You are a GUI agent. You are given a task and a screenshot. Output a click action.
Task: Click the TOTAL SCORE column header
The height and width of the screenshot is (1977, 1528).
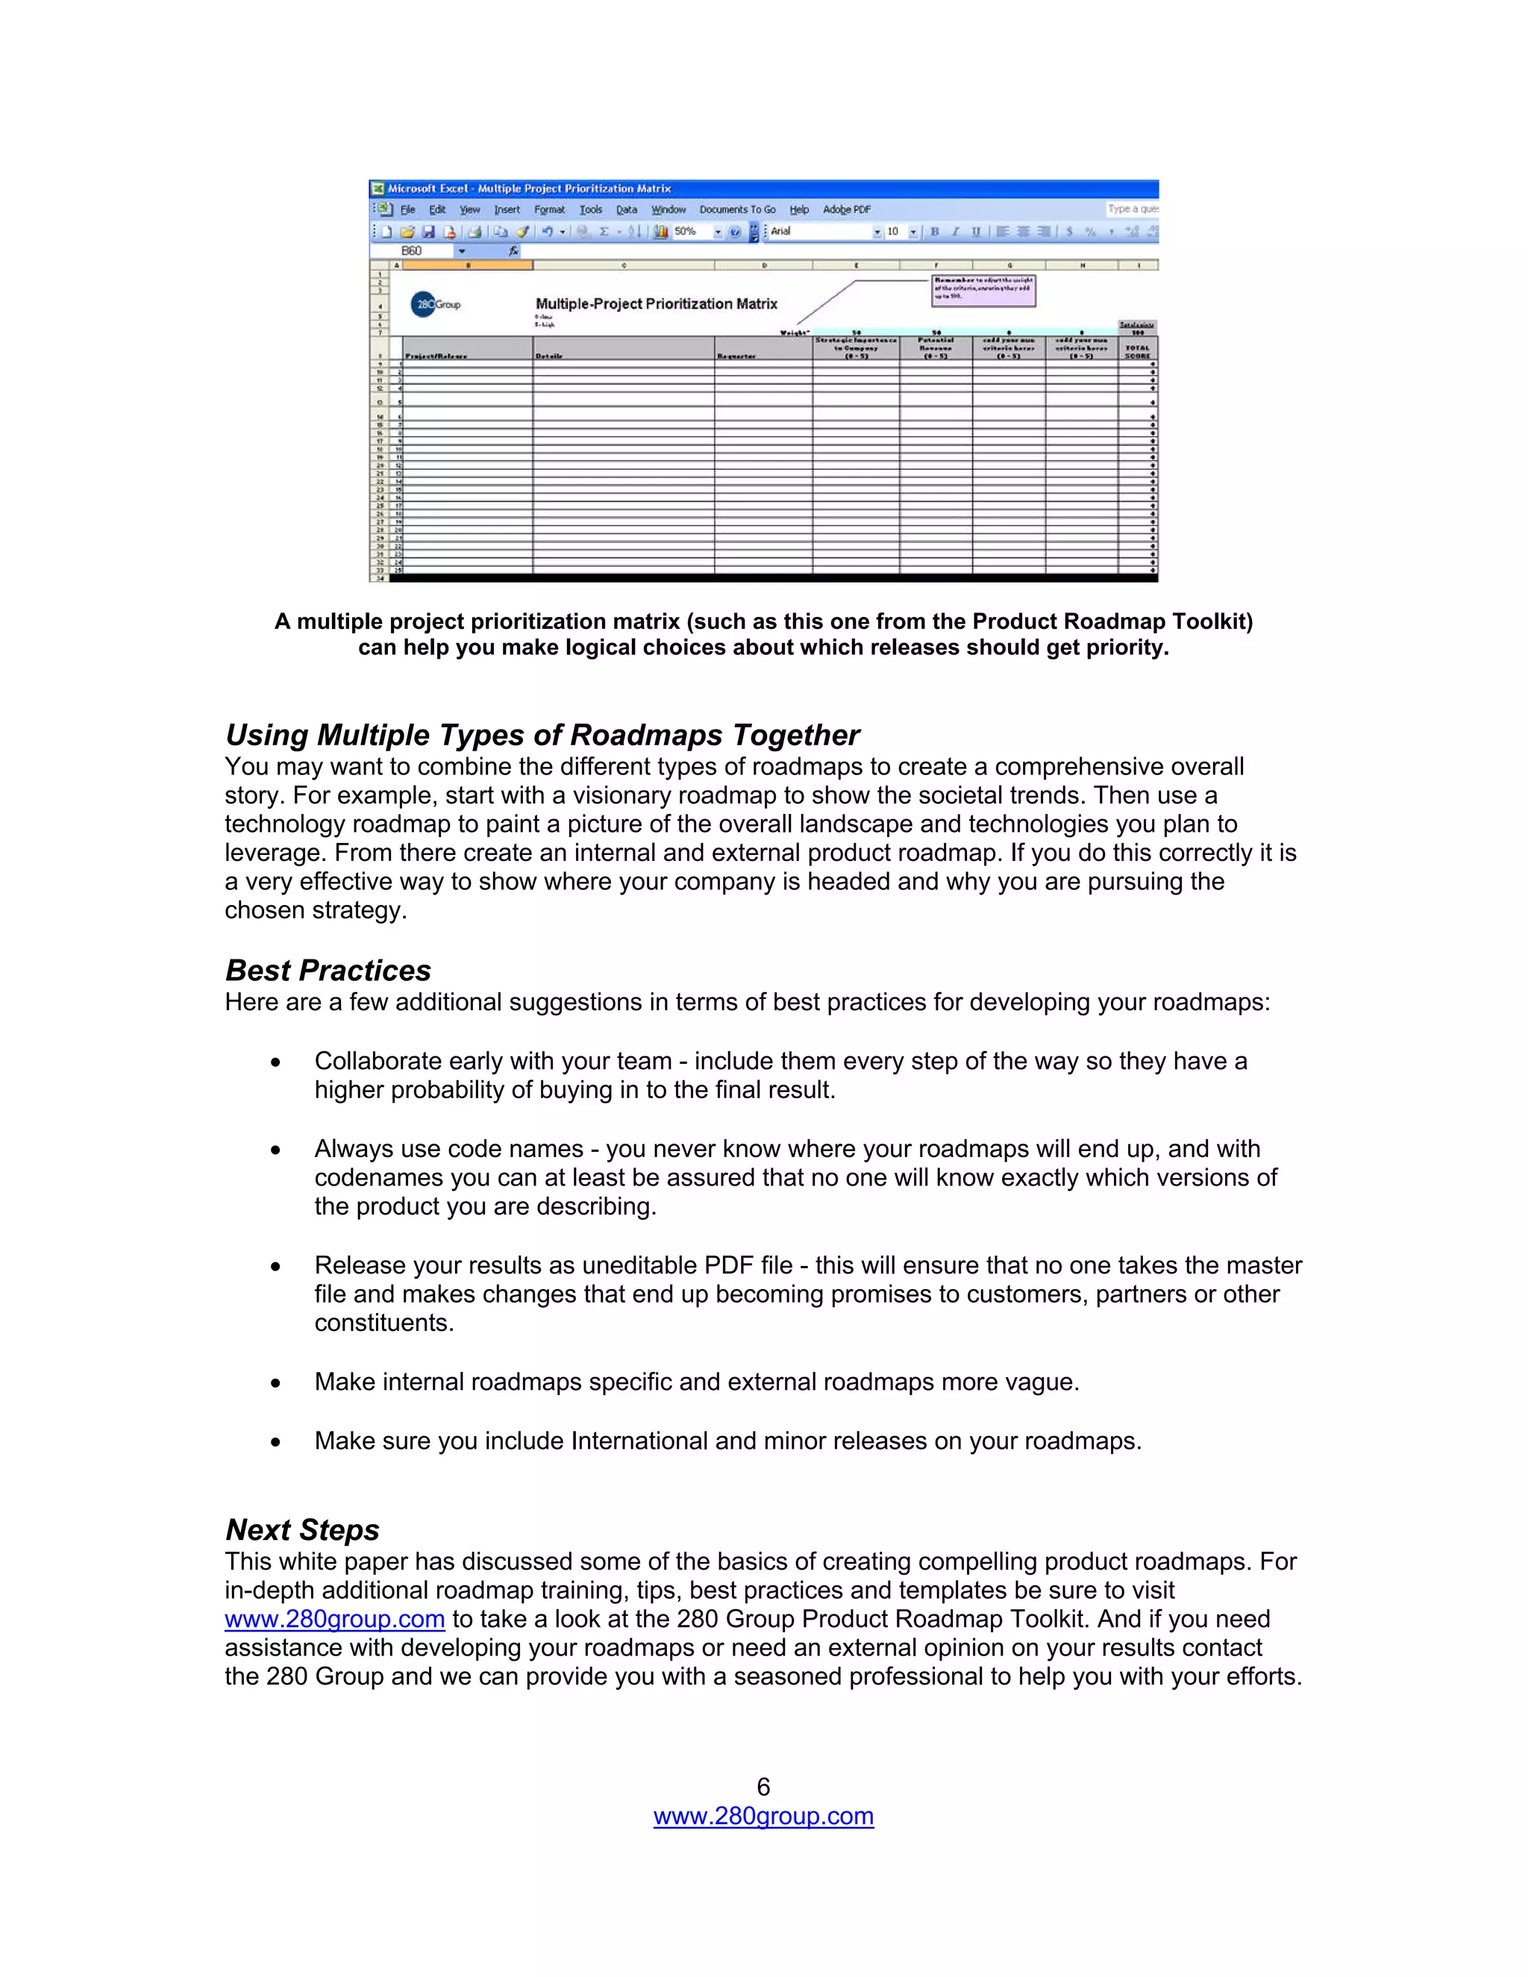tap(1137, 351)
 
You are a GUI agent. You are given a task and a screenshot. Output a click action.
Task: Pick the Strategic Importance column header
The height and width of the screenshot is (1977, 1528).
tap(856, 348)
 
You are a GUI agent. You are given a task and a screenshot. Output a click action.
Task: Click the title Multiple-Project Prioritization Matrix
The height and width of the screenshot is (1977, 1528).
tap(657, 304)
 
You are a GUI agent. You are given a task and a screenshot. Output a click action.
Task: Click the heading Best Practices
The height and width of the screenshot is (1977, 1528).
tap(328, 970)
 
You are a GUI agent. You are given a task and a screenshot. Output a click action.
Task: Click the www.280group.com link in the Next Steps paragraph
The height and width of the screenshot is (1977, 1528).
tap(335, 1619)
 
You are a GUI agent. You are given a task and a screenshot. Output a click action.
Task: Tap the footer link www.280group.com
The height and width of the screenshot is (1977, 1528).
tap(763, 1816)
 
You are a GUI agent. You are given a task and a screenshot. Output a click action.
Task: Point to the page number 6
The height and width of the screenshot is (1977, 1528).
tap(763, 1787)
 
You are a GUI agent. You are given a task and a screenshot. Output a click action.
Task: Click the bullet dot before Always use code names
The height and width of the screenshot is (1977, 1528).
tap(275, 1150)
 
